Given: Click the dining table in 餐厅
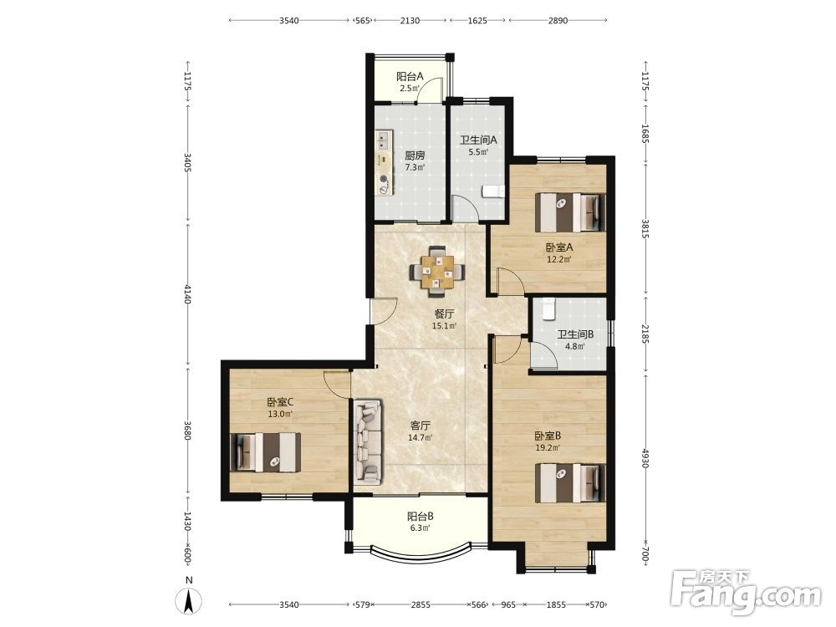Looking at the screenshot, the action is point(436,272).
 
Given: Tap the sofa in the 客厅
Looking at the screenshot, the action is point(368,442).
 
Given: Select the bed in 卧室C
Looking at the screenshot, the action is point(265,452).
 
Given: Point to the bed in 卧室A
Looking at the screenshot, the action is point(570,212).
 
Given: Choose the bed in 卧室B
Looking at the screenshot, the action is point(570,483).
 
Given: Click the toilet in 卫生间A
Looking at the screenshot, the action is point(493,191).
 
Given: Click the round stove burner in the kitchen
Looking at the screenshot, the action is point(384,181).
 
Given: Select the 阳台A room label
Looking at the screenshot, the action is point(410,77).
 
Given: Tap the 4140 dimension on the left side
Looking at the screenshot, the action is point(187,294).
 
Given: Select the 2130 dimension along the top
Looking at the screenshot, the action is point(410,21).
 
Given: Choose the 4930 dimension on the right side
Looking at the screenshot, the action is point(645,458).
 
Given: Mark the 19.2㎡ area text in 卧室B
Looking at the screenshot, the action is point(548,448).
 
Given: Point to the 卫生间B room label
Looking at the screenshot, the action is point(575,334).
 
